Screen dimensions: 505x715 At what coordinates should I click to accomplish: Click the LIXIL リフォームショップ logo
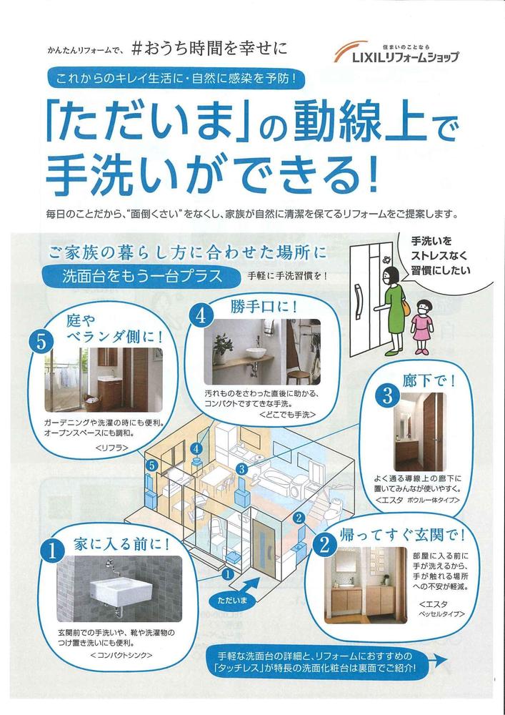coord(396,51)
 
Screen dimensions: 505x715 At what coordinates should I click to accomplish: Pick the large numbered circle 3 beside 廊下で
coord(388,396)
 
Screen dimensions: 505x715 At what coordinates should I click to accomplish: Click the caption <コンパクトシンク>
coord(121,655)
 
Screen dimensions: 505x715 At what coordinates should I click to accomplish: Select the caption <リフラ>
coord(112,448)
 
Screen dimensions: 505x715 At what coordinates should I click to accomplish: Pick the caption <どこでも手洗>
coord(288,415)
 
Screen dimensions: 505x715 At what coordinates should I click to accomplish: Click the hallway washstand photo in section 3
coord(419,431)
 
